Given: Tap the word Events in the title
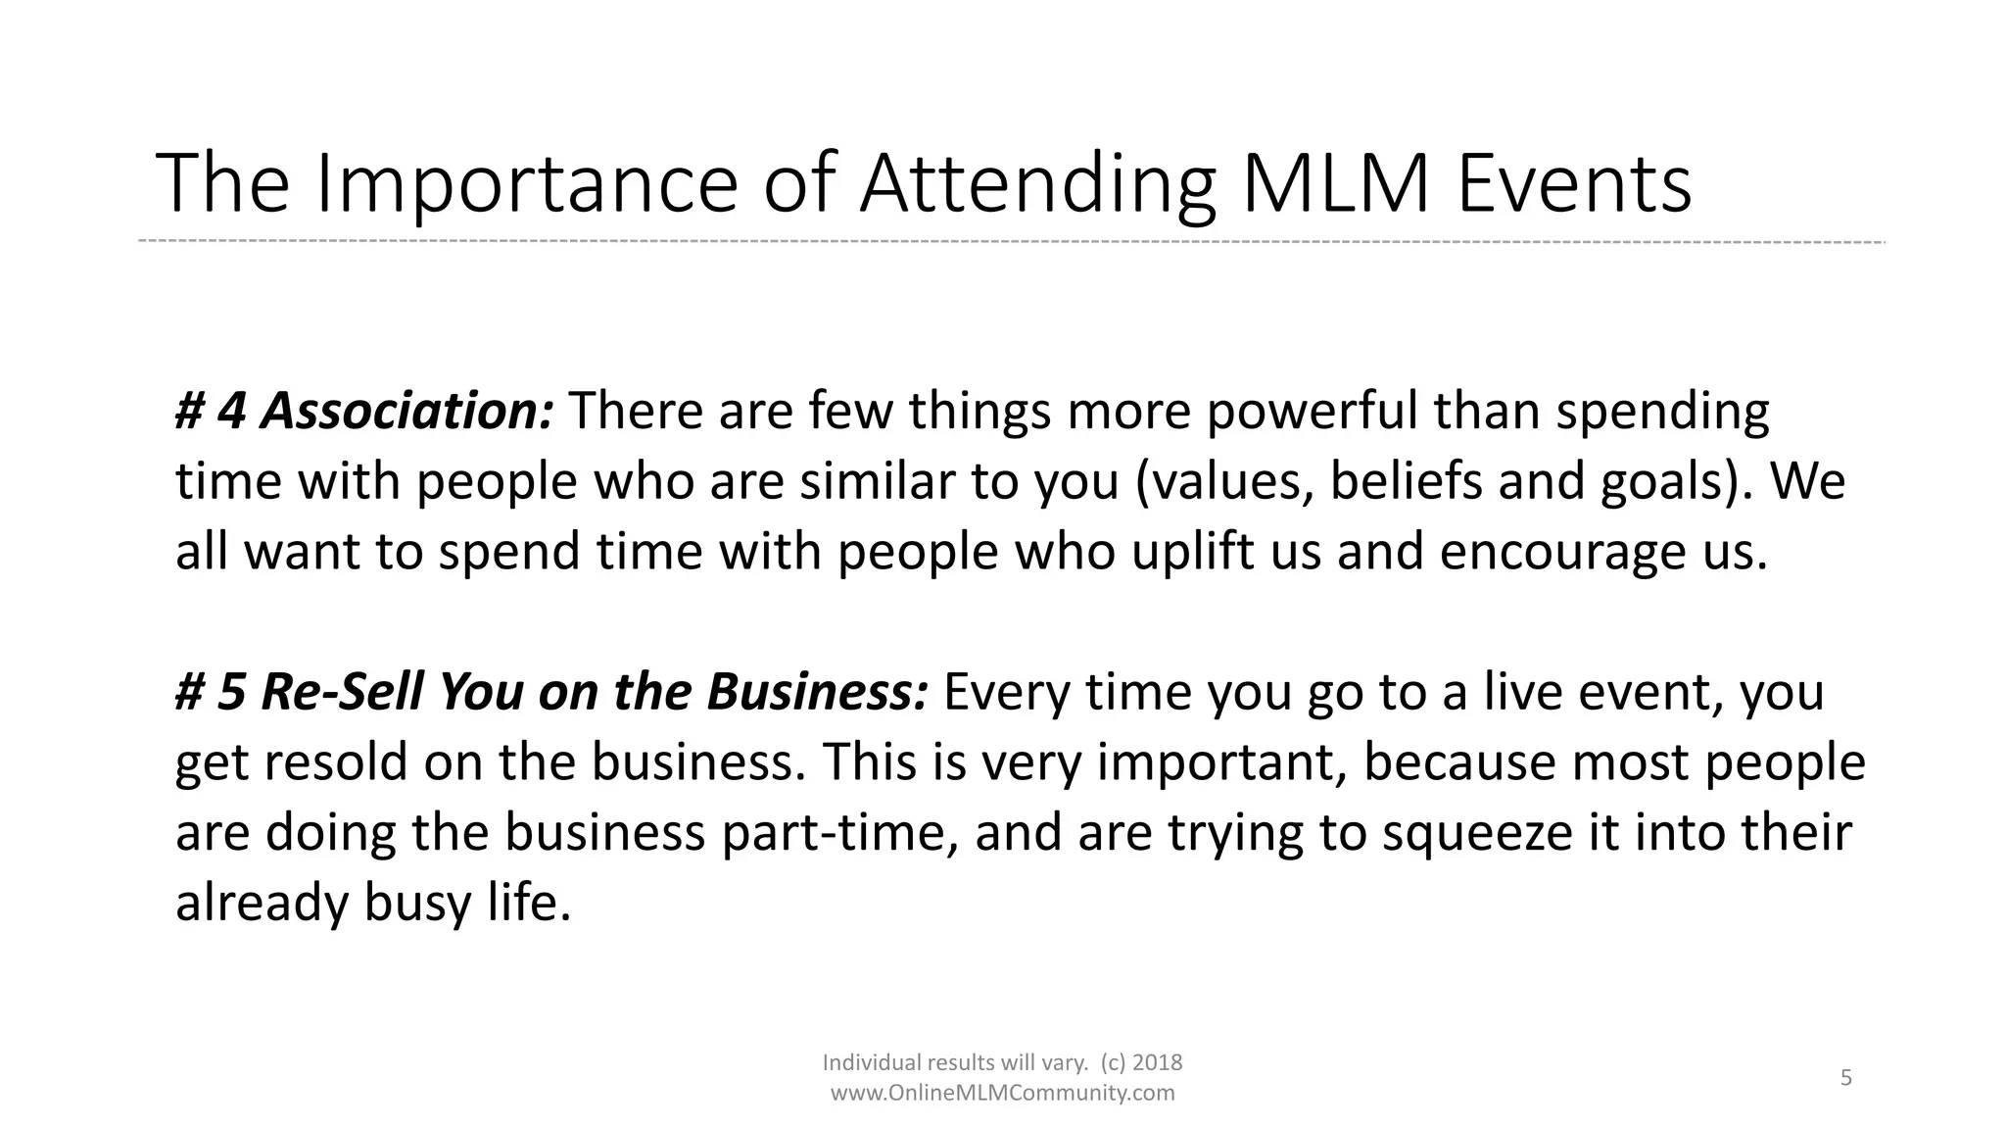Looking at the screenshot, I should click(1574, 183).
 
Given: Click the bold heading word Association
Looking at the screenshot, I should click(406, 411).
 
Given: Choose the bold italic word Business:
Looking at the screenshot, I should click(817, 692).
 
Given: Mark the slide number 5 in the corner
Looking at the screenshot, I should click(1846, 1078).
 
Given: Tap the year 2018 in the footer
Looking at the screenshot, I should click(1158, 1062).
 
